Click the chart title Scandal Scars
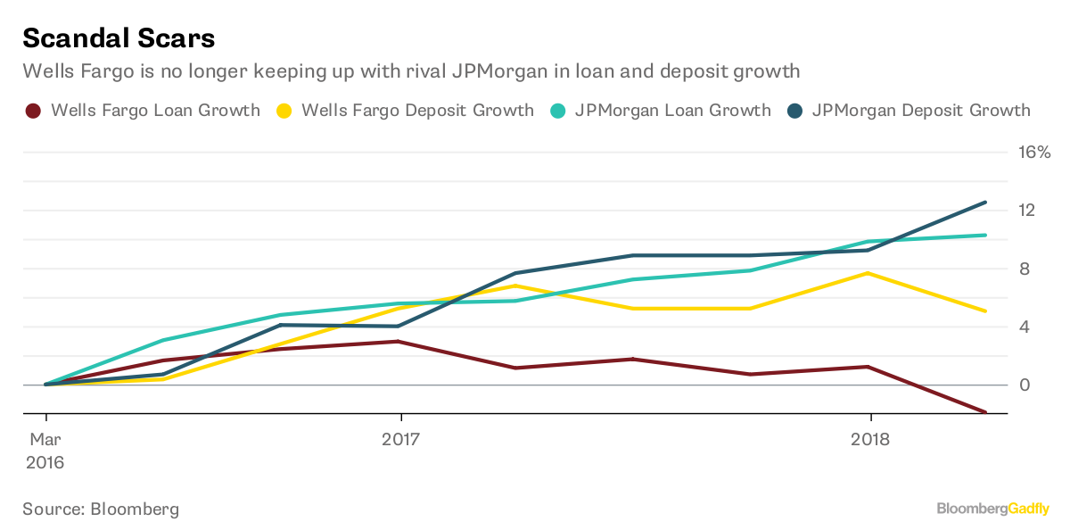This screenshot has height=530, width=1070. pyautogui.click(x=119, y=38)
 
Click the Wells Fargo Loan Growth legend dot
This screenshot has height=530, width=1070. pyautogui.click(x=33, y=112)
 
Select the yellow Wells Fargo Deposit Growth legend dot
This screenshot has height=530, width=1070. pyautogui.click(x=284, y=112)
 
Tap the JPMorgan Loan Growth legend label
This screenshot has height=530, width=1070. pyautogui.click(x=672, y=111)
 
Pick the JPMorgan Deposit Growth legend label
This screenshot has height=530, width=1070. pyautogui.click(x=921, y=111)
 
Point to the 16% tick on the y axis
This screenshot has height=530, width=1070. pyautogui.click(x=1034, y=153)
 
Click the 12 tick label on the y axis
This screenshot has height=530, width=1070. pyautogui.click(x=1026, y=211)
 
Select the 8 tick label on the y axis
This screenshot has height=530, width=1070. pyautogui.click(x=1025, y=269)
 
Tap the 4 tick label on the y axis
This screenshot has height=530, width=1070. pyautogui.click(x=1025, y=327)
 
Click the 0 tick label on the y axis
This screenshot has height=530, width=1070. pyautogui.click(x=1025, y=385)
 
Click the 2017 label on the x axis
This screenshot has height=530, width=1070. pyautogui.click(x=401, y=439)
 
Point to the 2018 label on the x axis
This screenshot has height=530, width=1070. pyautogui.click(x=870, y=439)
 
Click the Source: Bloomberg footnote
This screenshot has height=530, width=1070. pyautogui.click(x=101, y=509)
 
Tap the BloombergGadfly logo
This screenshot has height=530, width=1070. pyautogui.click(x=992, y=509)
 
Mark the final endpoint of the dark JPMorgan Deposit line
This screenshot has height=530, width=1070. pyautogui.click(x=985, y=203)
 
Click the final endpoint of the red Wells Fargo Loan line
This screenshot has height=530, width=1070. pyautogui.click(x=985, y=412)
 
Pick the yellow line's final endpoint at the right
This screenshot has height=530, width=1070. pyautogui.click(x=985, y=311)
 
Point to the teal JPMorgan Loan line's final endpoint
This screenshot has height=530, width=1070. pyautogui.click(x=985, y=236)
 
